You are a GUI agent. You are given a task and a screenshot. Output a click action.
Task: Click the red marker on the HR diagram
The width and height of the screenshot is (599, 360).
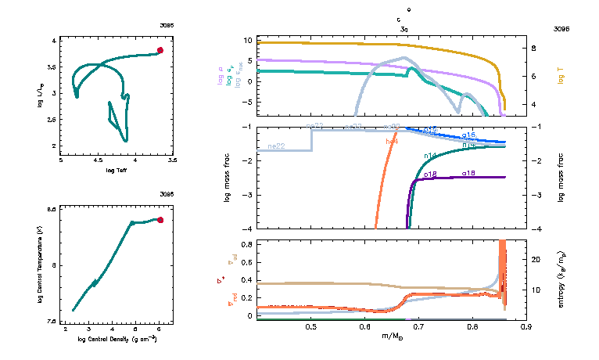[160, 50]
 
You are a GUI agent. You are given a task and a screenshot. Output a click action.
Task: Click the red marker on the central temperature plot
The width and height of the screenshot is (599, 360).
[160, 220]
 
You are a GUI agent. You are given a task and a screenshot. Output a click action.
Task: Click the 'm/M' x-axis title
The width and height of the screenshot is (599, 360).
[390, 337]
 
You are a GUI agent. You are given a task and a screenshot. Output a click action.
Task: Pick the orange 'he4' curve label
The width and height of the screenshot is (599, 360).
[393, 142]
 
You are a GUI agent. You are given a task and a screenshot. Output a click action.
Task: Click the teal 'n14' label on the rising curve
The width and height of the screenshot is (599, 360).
[429, 156]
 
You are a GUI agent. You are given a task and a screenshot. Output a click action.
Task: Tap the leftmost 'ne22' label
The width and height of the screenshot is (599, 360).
[275, 146]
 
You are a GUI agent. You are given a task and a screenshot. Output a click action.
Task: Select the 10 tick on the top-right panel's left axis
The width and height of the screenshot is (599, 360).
[248, 40]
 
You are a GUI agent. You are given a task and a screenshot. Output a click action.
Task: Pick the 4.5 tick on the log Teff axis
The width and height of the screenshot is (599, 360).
[98, 161]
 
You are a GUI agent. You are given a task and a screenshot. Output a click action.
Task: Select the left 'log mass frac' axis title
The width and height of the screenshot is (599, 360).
[228, 178]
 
